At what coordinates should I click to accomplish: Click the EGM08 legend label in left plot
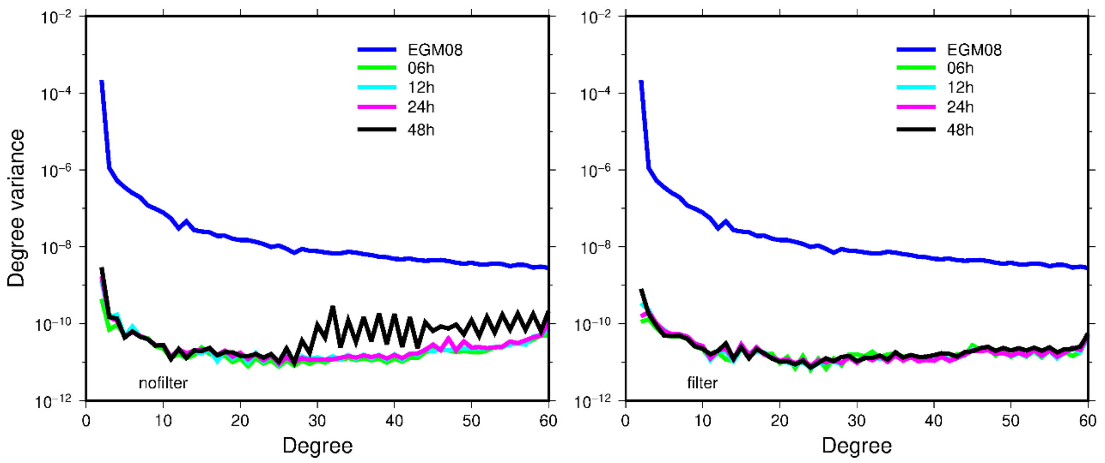tap(435, 50)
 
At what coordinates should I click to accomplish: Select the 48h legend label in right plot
tap(960, 129)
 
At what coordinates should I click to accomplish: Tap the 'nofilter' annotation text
tap(163, 383)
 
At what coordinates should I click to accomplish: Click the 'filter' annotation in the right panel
tap(702, 383)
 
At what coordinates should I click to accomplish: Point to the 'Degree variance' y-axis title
tap(16, 208)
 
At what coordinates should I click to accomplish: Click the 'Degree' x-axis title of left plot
tap(318, 446)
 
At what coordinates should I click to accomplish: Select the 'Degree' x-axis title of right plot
tap(857, 446)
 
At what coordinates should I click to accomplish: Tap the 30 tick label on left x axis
tap(317, 421)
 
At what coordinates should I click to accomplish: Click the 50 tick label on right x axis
tap(1010, 421)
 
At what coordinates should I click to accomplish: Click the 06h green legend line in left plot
tap(376, 68)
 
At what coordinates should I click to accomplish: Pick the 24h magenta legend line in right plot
tap(916, 107)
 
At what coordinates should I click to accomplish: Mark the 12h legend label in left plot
tap(421, 87)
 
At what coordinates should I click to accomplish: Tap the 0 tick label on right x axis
tap(625, 421)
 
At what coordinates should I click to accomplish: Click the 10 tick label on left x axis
tap(163, 421)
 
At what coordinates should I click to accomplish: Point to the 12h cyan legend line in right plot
tap(916, 87)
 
